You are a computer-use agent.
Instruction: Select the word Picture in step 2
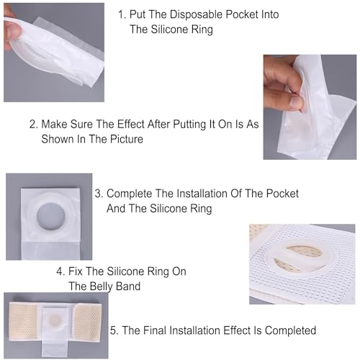pyautogui.click(x=127, y=139)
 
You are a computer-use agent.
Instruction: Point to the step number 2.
pyautogui.click(x=33, y=125)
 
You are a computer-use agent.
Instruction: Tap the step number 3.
pyautogui.click(x=99, y=194)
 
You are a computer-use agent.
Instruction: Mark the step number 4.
pyautogui.click(x=60, y=271)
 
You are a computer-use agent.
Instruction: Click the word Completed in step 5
pyautogui.click(x=290, y=330)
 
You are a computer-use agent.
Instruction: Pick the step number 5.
pyautogui.click(x=114, y=330)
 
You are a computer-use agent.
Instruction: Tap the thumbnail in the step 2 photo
pyautogui.click(x=294, y=102)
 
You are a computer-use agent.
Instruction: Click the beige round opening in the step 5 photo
pyautogui.click(x=55, y=320)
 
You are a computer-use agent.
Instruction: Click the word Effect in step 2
pyautogui.click(x=131, y=125)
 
